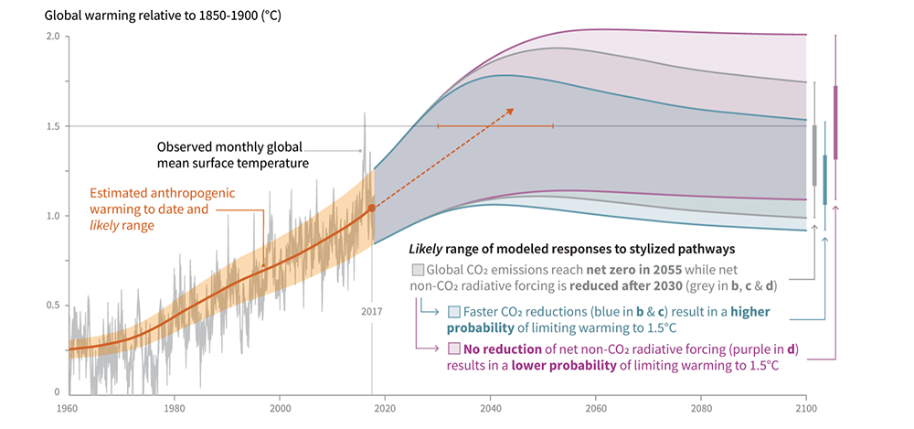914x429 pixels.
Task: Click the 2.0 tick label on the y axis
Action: tap(52, 37)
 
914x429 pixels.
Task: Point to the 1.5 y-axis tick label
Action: tap(52, 126)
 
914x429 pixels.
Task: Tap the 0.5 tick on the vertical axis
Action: tap(52, 306)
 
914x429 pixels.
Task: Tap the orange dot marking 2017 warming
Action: tap(372, 209)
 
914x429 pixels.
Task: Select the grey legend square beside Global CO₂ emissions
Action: tap(418, 271)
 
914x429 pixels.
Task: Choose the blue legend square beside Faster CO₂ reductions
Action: tap(454, 311)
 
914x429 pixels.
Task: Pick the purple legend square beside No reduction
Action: tap(454, 349)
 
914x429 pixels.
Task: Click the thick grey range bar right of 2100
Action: tap(814, 156)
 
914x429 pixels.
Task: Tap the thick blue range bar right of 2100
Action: tap(824, 179)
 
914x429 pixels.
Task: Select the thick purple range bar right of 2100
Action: tap(835, 123)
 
